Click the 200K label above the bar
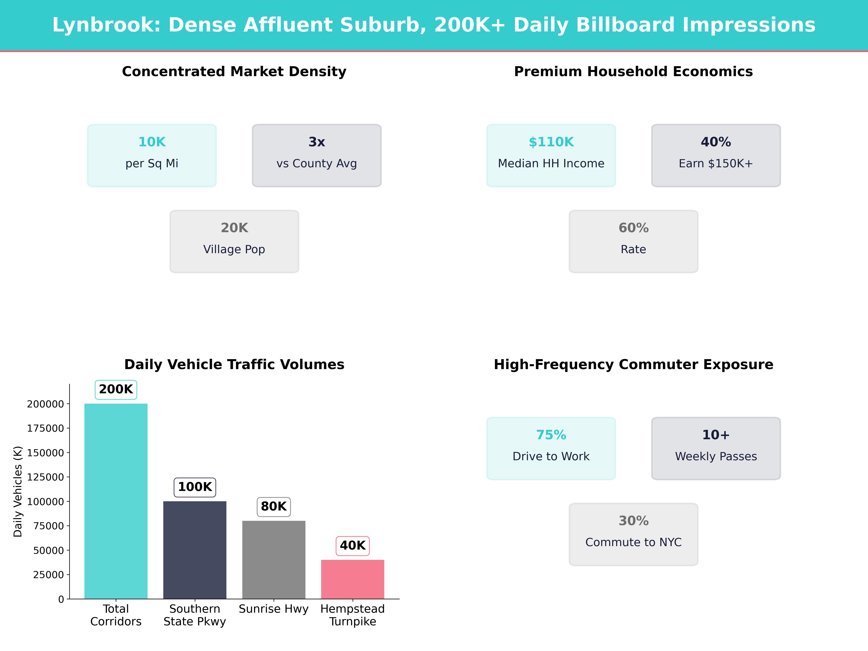pos(116,389)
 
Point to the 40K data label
pos(352,545)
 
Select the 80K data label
pos(273,506)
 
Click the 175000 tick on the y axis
pos(45,428)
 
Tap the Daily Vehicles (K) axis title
pos(18,491)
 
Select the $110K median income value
pos(551,142)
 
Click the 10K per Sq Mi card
pos(152,155)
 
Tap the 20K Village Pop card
pos(234,241)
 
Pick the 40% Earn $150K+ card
pos(716,155)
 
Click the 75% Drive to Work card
pos(551,448)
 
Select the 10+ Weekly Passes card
pos(716,448)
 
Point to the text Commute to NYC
pos(633,542)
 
